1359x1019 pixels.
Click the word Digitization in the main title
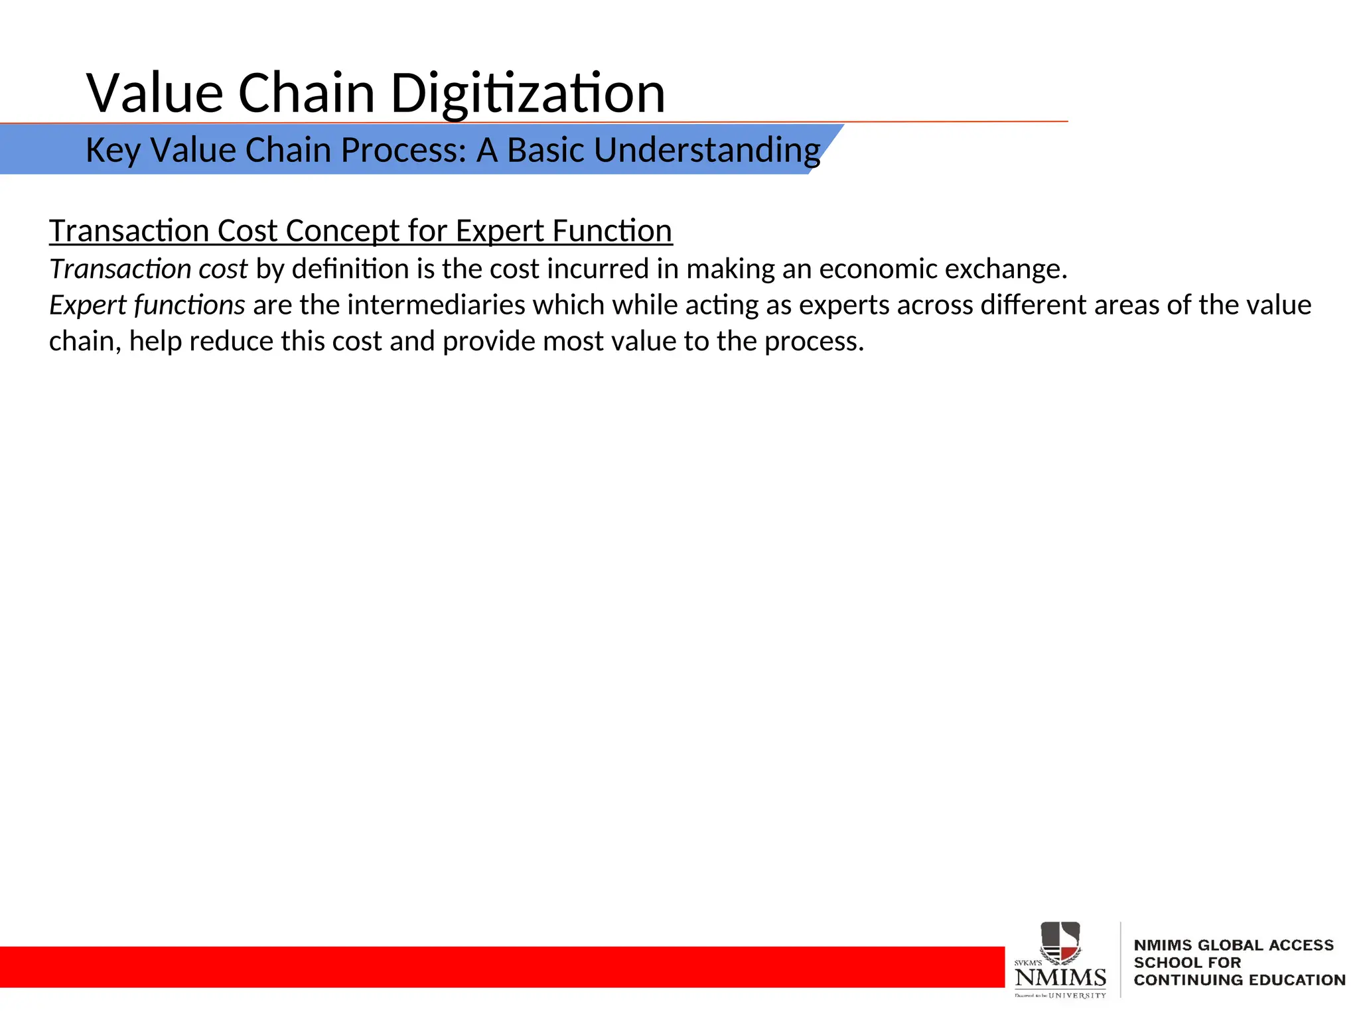click(528, 94)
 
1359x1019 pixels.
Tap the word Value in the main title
click(155, 93)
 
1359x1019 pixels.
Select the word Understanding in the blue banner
click(707, 151)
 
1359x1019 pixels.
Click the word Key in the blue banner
click(113, 151)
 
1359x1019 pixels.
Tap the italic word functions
click(189, 305)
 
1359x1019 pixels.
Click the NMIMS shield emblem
click(1060, 942)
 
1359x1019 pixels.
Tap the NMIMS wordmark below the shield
click(1060, 977)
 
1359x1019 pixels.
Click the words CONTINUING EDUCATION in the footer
click(1239, 980)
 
